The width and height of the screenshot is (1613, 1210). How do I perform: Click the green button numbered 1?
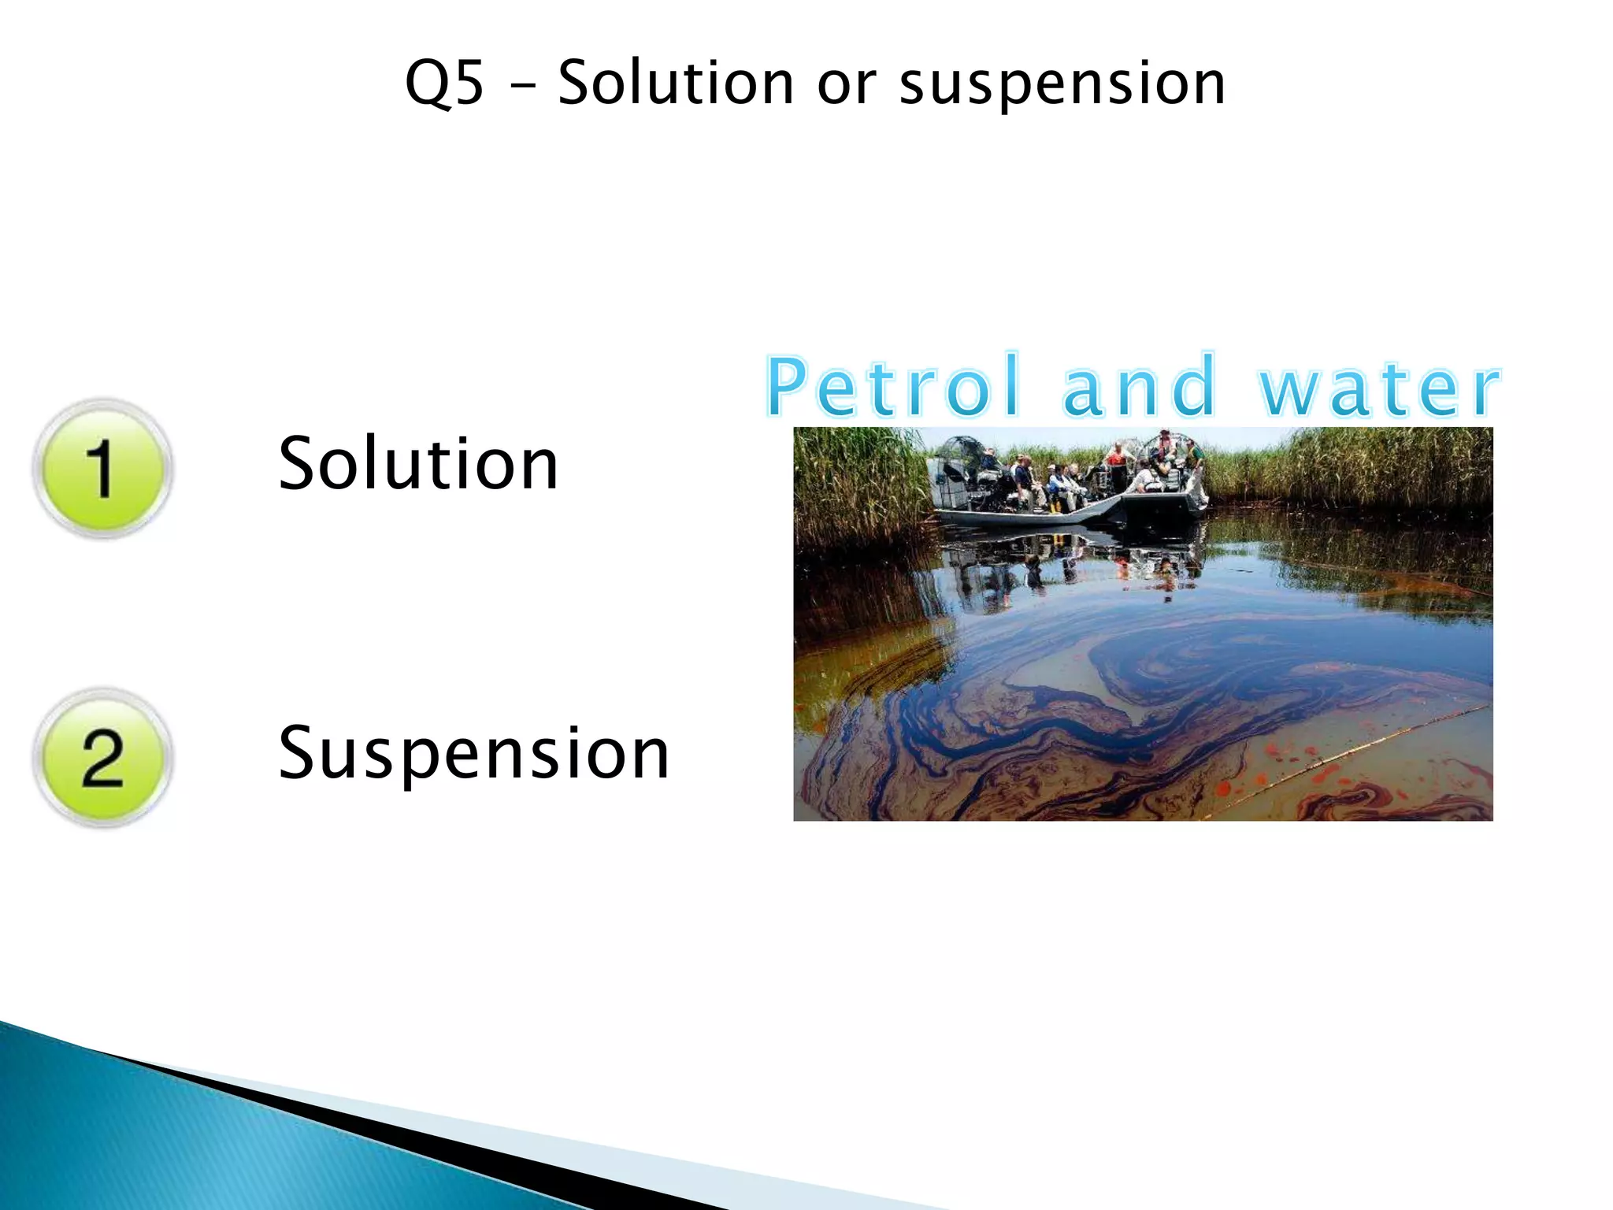(x=102, y=469)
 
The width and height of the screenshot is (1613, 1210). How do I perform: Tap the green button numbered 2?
(x=102, y=758)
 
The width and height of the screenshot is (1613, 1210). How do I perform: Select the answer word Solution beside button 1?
(x=418, y=464)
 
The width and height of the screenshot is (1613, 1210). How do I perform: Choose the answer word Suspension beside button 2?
(x=473, y=754)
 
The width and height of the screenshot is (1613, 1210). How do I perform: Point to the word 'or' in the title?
(x=847, y=84)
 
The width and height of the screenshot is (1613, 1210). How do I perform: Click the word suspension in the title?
(x=1062, y=84)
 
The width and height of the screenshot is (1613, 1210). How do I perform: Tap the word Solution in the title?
(x=676, y=84)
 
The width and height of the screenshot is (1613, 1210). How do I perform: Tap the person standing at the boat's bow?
(x=1194, y=469)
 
